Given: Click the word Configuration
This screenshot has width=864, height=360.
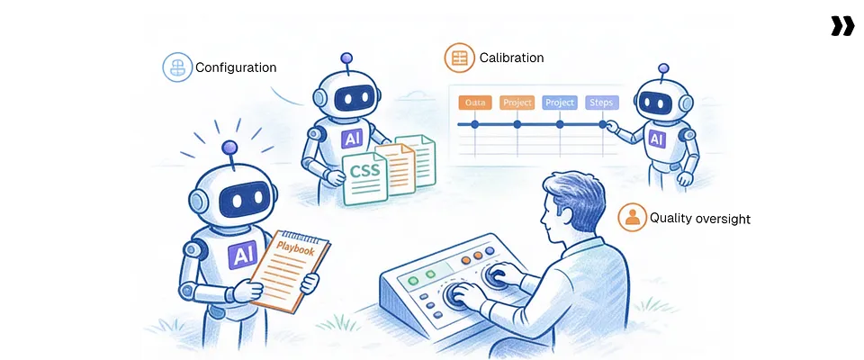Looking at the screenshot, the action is coord(236,67).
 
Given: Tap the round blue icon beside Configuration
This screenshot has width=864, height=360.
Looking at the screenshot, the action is coord(177,67).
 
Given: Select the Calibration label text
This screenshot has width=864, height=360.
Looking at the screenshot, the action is coord(511,58).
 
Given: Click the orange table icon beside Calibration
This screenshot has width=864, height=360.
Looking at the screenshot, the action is coord(459,58).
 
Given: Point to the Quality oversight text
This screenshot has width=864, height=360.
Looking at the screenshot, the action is coord(700,218).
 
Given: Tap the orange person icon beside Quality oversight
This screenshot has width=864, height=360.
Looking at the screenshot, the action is coord(632,217).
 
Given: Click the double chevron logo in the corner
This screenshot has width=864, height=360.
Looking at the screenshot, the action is coord(842,26).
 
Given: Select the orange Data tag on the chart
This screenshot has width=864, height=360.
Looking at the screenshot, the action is coord(474,103).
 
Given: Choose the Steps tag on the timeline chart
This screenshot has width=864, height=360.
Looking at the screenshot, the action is coord(602,103).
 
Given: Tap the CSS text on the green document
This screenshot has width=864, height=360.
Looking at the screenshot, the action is coord(364,170).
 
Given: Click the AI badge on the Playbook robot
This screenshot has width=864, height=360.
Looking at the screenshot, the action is coord(242,256).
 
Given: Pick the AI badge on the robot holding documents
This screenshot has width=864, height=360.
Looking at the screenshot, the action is coord(352,139).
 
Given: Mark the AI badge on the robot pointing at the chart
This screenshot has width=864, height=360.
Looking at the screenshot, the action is coord(656,139).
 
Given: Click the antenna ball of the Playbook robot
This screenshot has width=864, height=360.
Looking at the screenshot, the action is coord(229,148).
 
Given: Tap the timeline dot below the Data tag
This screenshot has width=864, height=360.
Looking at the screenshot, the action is coord(474,124).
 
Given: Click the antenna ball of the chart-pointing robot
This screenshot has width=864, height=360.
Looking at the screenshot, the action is coord(663,68).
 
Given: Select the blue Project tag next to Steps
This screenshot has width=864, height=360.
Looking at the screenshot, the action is coord(560,103).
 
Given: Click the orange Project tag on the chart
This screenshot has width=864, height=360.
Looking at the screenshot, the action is coord(517,103).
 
